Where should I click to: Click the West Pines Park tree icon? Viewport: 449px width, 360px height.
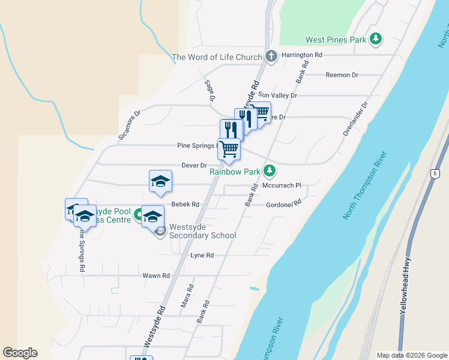(x=376, y=40)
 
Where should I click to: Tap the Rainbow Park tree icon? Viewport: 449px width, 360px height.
(x=270, y=171)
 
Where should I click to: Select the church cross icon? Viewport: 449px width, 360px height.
(x=271, y=57)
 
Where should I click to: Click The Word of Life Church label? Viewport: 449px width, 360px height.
(x=217, y=58)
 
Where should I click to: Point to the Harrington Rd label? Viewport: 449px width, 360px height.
(x=302, y=55)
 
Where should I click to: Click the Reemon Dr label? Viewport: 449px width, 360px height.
(x=342, y=75)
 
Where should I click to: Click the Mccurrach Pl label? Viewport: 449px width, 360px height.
(x=282, y=185)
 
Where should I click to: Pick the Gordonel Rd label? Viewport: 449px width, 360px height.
(x=283, y=205)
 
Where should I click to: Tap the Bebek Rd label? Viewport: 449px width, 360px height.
(x=185, y=205)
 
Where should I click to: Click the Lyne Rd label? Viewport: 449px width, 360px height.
(x=202, y=255)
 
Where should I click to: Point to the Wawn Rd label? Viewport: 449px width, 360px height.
(x=156, y=275)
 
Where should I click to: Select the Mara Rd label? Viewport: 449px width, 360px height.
(x=187, y=296)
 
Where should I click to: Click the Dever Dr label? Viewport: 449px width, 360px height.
(x=194, y=165)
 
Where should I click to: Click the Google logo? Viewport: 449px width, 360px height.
(x=20, y=353)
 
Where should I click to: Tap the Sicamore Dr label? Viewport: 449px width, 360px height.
(x=128, y=125)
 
